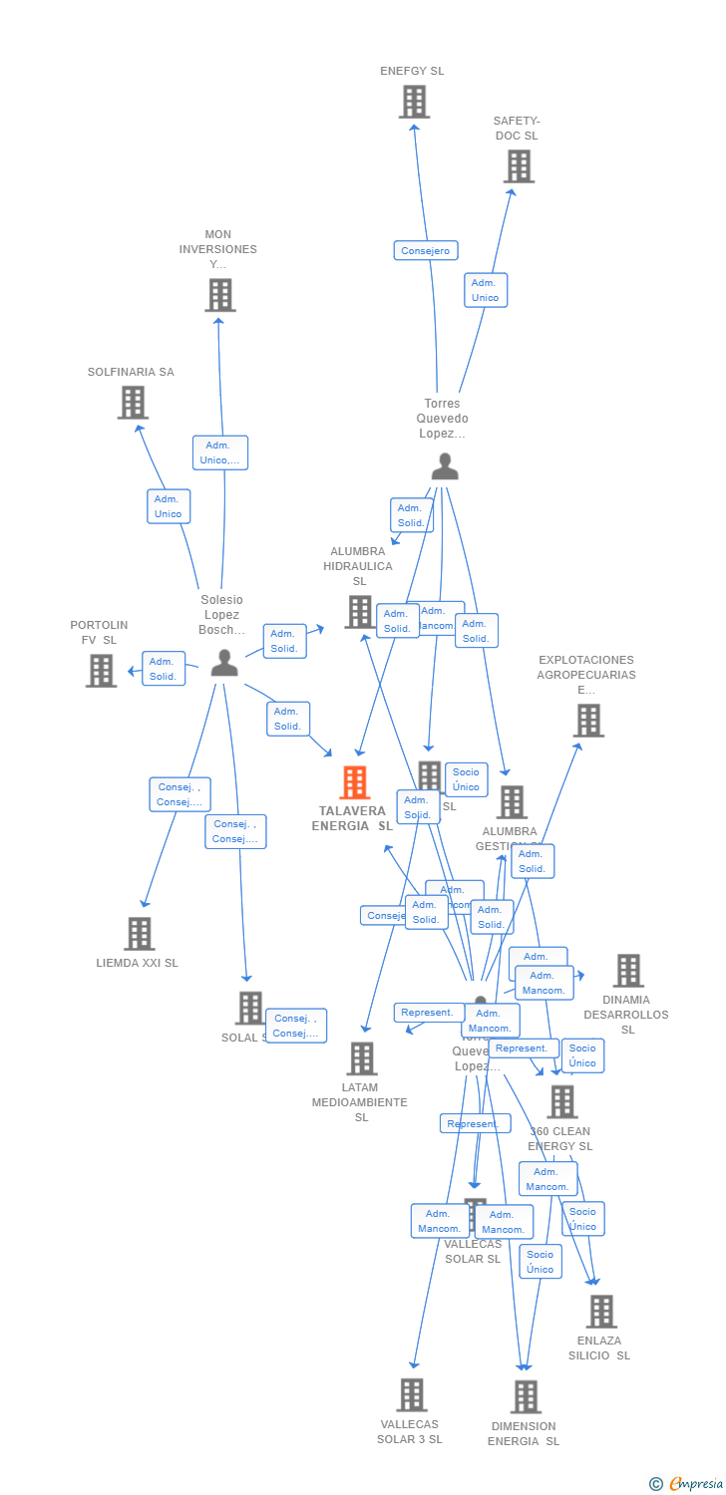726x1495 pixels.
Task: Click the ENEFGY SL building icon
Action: click(414, 102)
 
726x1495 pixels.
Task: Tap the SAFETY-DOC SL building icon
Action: click(519, 166)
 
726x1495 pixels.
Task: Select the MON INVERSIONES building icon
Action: click(220, 295)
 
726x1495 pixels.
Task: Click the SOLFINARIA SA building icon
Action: click(133, 403)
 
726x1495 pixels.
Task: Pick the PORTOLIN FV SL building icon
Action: click(101, 671)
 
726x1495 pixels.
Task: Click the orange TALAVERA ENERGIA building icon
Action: click(355, 782)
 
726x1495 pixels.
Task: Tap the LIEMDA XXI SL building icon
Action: click(140, 934)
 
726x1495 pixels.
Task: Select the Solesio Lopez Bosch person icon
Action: click(224, 663)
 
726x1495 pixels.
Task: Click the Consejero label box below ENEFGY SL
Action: click(426, 251)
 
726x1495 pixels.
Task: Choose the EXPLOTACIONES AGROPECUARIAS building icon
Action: click(588, 721)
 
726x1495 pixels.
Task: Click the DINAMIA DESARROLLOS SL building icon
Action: click(628, 971)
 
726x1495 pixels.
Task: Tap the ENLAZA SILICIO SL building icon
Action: click(601, 1312)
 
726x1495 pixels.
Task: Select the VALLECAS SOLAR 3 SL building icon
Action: click(412, 1395)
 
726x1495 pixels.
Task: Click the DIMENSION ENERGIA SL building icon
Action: click(526, 1397)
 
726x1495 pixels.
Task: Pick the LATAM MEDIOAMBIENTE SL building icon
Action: click(362, 1058)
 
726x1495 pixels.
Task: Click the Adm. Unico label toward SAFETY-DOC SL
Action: click(486, 290)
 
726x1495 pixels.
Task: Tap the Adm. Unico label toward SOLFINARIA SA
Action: click(169, 506)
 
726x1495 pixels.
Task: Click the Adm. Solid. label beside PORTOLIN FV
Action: click(164, 669)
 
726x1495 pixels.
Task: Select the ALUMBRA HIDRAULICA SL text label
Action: click(358, 566)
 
